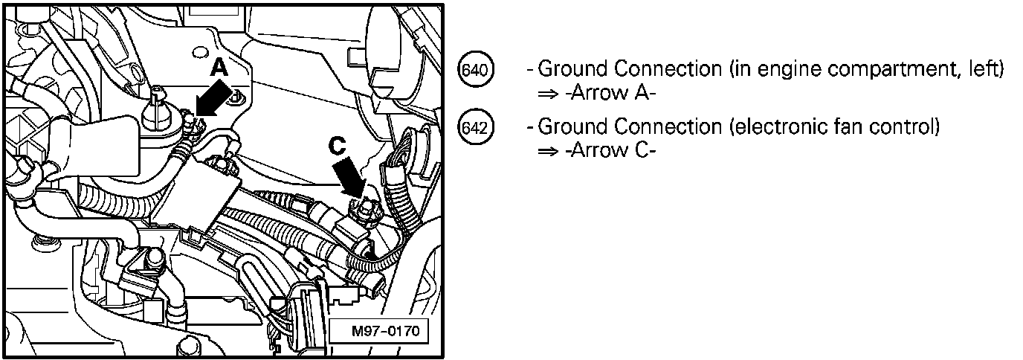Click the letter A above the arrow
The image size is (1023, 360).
point(219,68)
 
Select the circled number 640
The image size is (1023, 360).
point(473,71)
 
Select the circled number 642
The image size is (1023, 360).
point(473,128)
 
